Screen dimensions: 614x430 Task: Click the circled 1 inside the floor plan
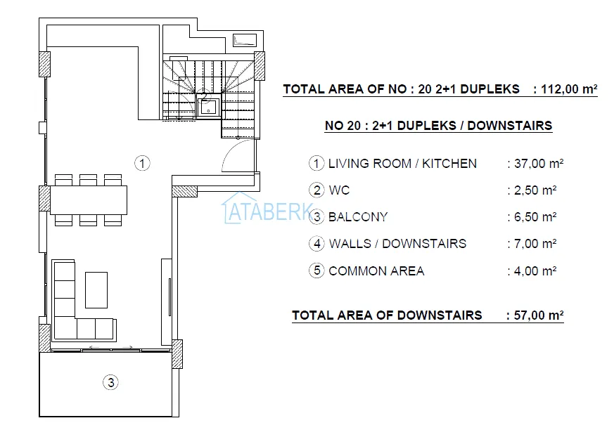(x=142, y=163)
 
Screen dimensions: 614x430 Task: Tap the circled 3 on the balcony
(x=111, y=382)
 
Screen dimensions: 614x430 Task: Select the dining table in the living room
(x=89, y=200)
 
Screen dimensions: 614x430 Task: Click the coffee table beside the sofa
(x=96, y=290)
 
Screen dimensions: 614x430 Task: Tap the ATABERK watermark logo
(x=268, y=209)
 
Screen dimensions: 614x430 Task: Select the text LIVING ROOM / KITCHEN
(x=402, y=164)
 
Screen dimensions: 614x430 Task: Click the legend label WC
(x=339, y=190)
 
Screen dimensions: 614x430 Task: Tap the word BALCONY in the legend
(x=358, y=217)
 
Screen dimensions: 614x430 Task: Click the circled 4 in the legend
(x=316, y=243)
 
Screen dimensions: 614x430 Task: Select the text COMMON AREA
(x=376, y=271)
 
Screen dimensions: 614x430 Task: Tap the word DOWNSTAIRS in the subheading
(x=509, y=126)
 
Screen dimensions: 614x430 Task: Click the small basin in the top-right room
(x=245, y=40)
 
